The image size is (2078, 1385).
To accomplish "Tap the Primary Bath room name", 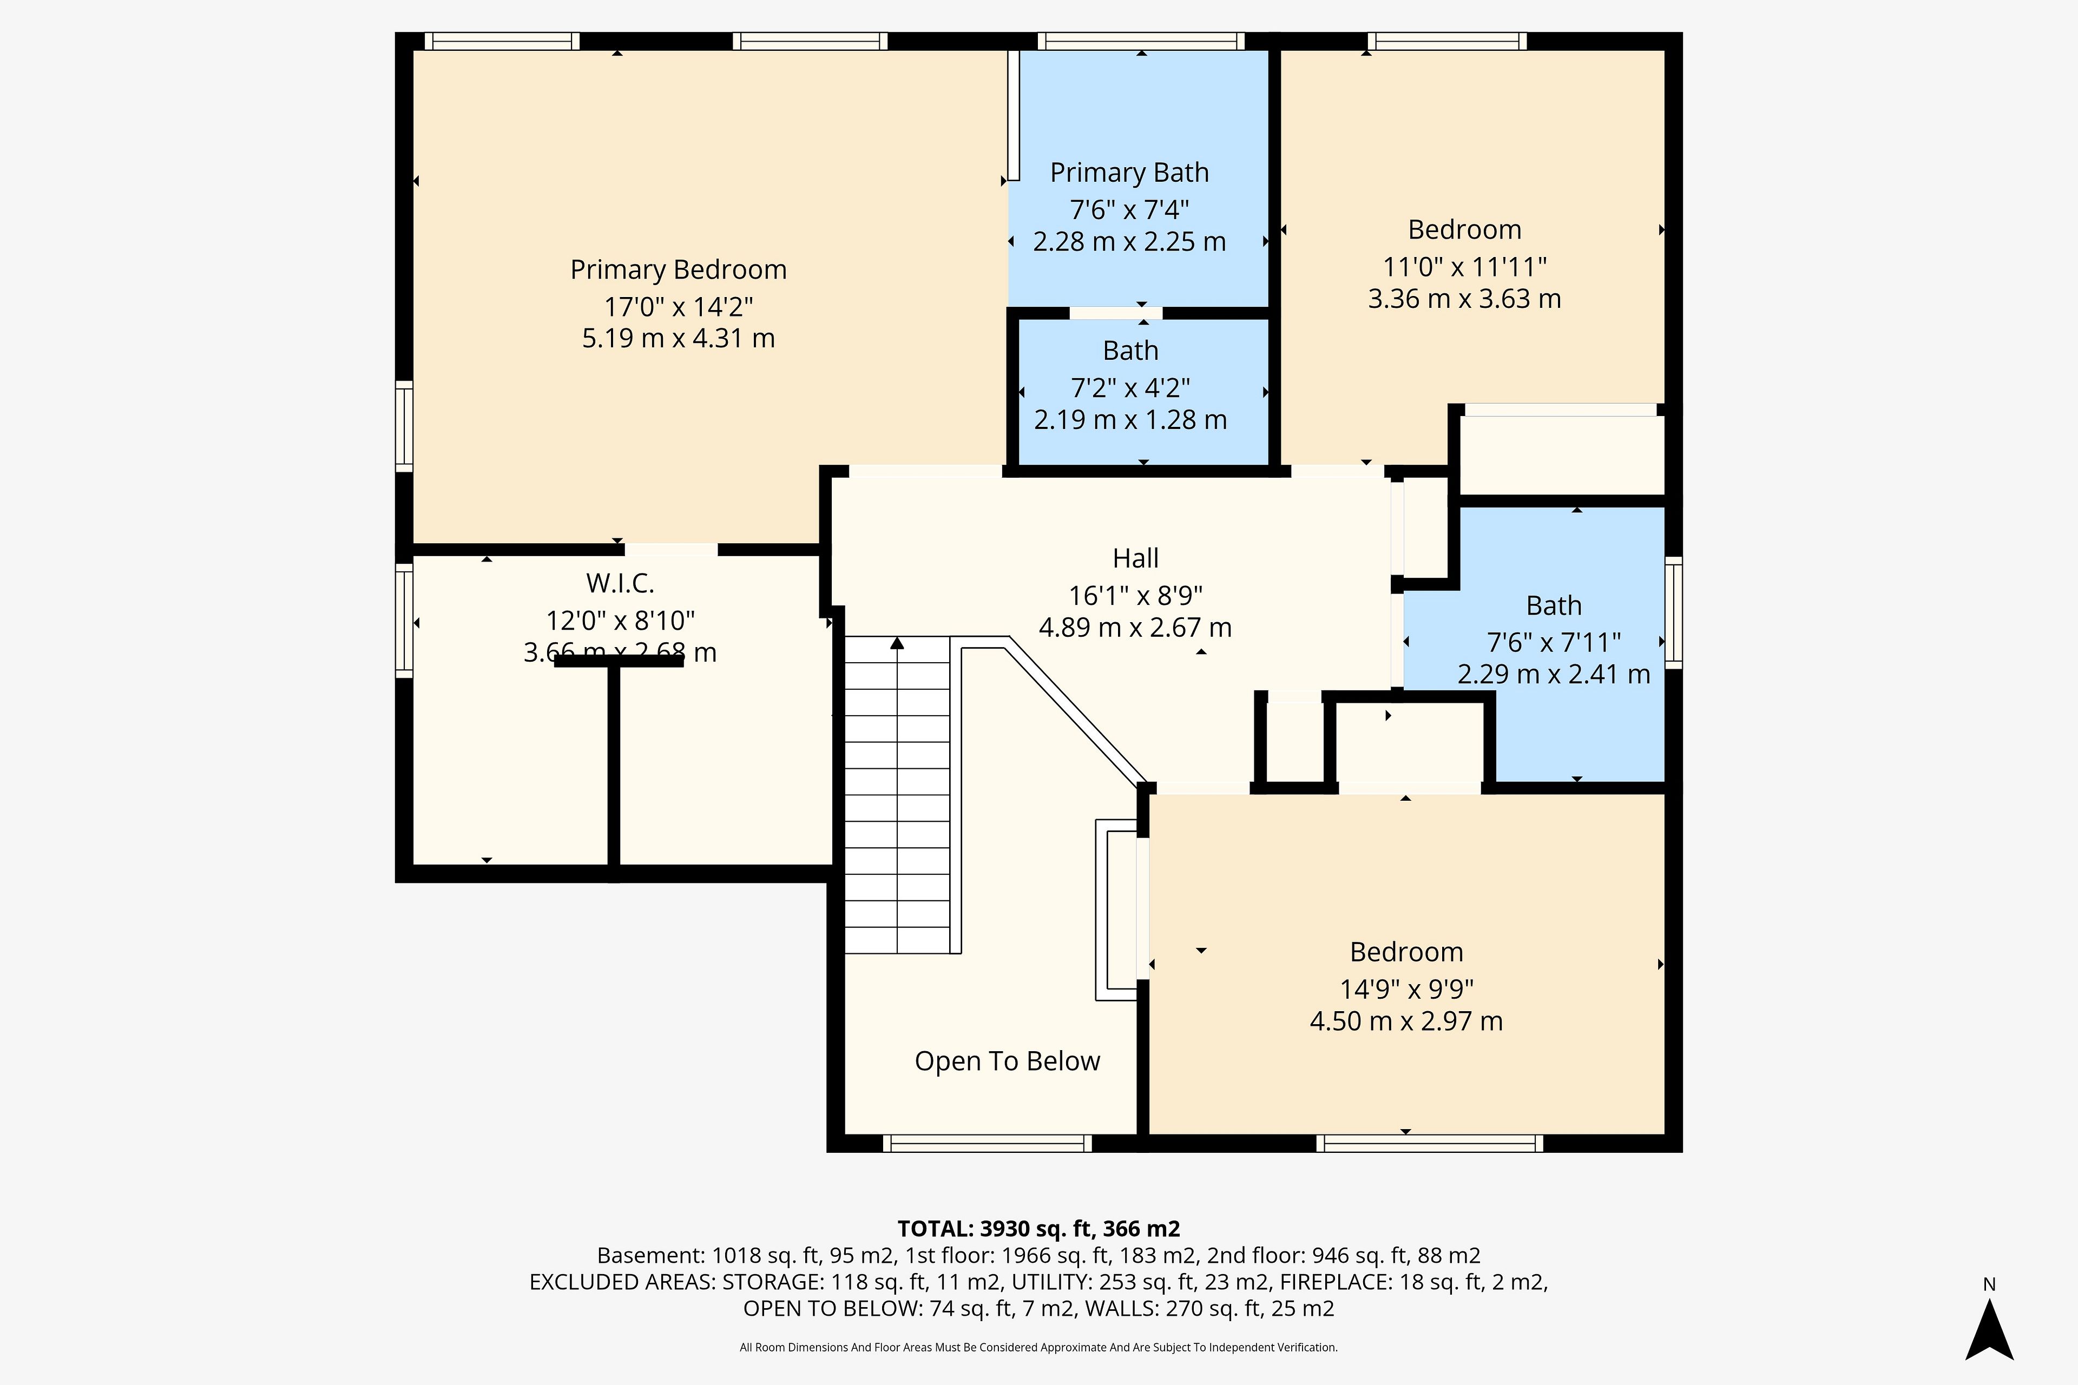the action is click(x=1129, y=173).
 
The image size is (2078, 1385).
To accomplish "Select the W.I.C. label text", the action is click(x=620, y=583).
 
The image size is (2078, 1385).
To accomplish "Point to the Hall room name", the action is click(x=1135, y=558).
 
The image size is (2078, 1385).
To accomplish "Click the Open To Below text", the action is click(x=1007, y=1061).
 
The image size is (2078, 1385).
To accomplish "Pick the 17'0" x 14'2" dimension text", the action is click(x=679, y=307).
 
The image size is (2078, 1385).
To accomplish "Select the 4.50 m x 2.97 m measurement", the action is click(x=1406, y=1021).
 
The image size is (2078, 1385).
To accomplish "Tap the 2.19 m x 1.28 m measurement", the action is click(x=1130, y=420).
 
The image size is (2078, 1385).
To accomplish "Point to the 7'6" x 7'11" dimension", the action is click(x=1553, y=642).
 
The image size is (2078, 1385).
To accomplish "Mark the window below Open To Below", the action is click(x=988, y=1144).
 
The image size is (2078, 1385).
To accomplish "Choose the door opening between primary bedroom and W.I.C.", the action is click(x=672, y=550).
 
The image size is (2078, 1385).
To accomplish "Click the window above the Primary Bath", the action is click(x=1141, y=41).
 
